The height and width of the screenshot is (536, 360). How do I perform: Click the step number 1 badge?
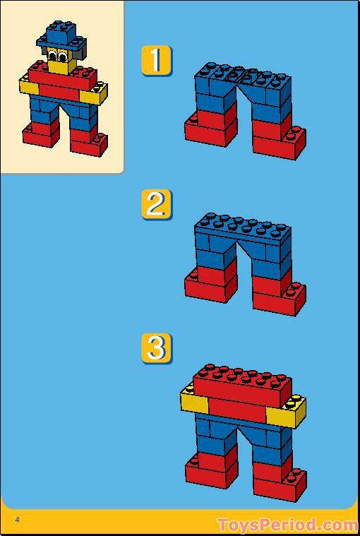click(x=156, y=60)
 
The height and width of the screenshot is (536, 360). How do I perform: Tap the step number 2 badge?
click(x=156, y=204)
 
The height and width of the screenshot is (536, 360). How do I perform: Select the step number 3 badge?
click(x=156, y=348)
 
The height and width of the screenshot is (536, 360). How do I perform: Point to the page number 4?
click(x=16, y=520)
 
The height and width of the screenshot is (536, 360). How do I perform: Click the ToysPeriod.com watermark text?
click(x=287, y=525)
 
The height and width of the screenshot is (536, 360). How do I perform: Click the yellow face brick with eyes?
click(x=62, y=62)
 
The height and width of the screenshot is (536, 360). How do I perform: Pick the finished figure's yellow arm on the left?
click(x=29, y=88)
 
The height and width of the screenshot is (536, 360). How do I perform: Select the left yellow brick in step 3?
click(x=193, y=402)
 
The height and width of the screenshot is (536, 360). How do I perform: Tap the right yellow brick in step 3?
click(x=290, y=411)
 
